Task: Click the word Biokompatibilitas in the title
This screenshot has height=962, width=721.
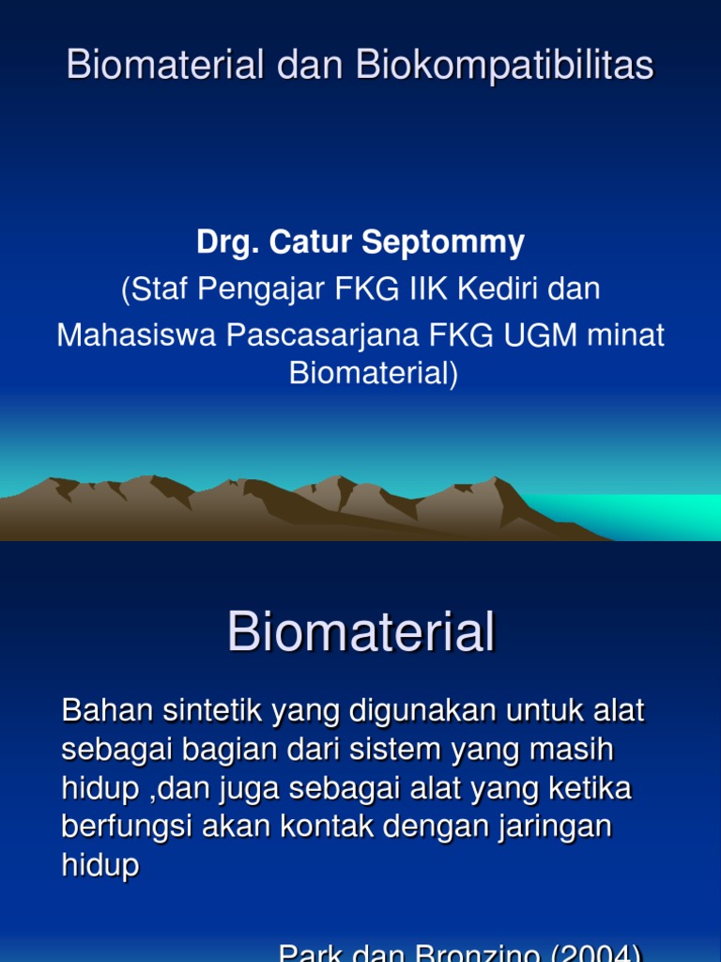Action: click(504, 66)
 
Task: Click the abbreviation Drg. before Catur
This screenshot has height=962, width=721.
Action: click(228, 242)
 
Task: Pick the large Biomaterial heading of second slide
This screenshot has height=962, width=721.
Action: click(360, 632)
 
